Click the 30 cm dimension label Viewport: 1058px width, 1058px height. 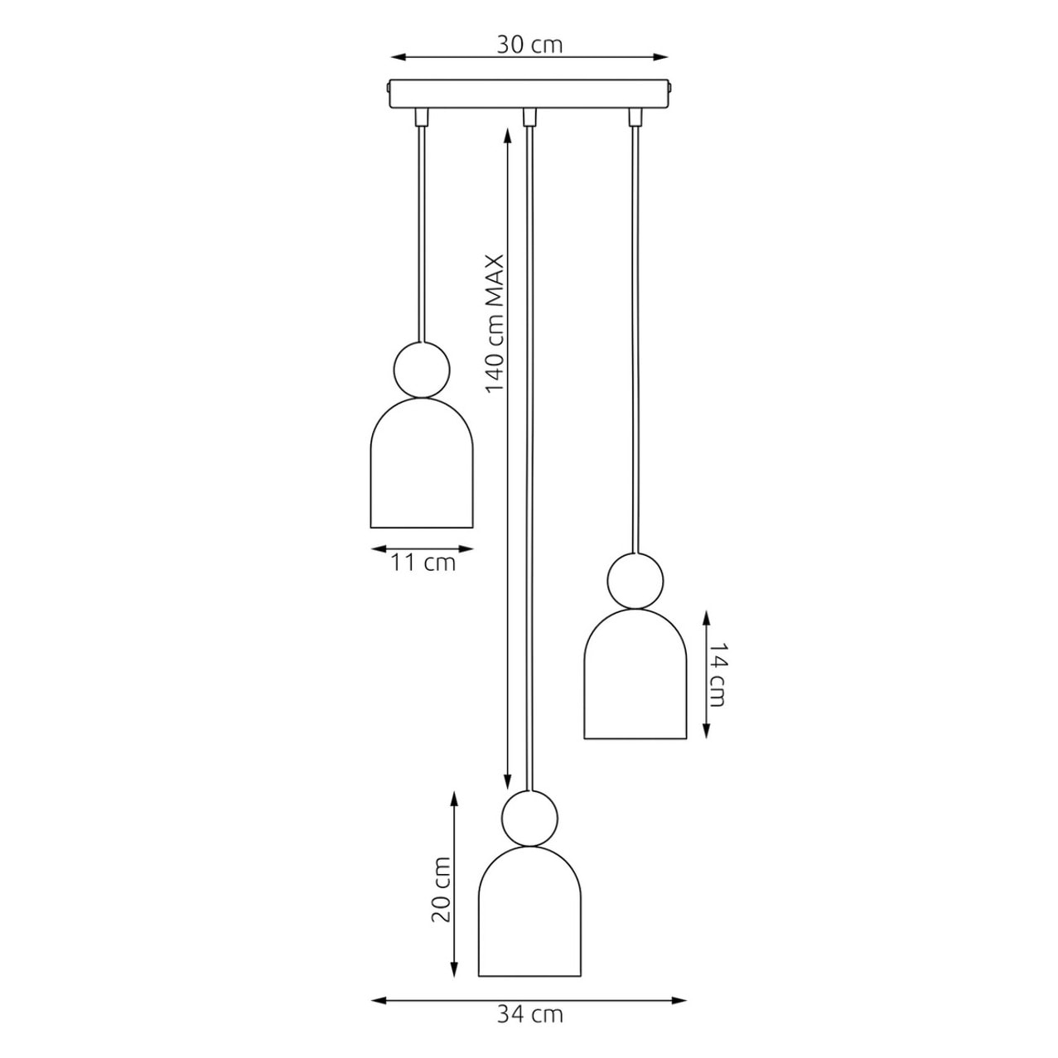click(x=529, y=45)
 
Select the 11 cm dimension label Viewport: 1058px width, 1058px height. click(x=423, y=563)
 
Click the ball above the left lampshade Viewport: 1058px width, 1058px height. click(x=421, y=370)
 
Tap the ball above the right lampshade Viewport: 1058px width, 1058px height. click(x=635, y=581)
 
